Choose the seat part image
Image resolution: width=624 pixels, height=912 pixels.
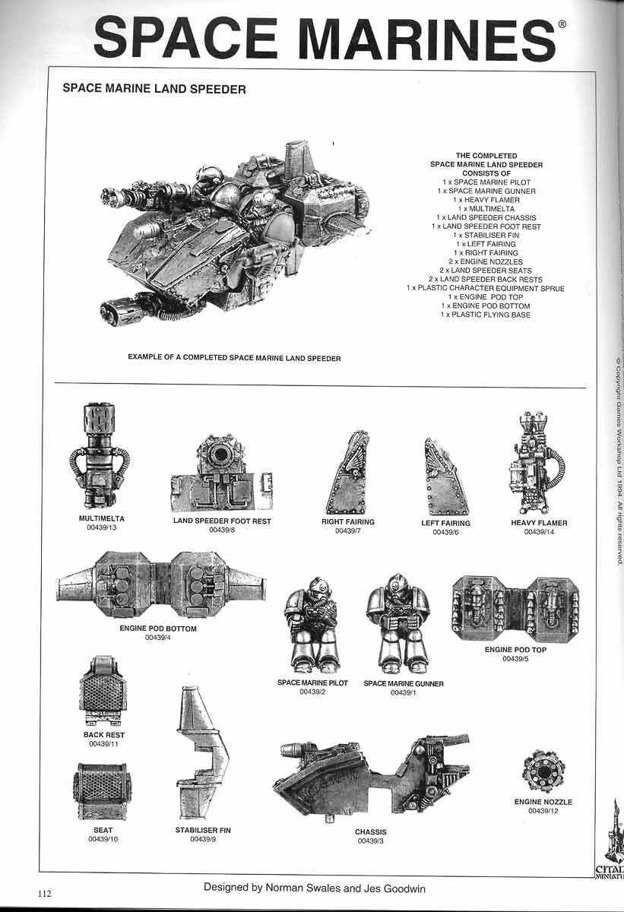(x=103, y=791)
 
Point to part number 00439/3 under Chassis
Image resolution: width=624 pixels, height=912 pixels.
(x=370, y=841)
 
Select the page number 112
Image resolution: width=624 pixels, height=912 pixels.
(x=41, y=894)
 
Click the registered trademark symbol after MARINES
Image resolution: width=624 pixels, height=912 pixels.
(x=562, y=24)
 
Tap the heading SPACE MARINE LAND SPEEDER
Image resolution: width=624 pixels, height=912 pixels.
(x=154, y=90)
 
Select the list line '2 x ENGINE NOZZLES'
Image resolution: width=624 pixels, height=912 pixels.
(x=486, y=261)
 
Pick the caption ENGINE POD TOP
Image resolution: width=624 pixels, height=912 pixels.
(x=515, y=650)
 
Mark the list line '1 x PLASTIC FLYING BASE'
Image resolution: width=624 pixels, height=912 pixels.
(x=486, y=315)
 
